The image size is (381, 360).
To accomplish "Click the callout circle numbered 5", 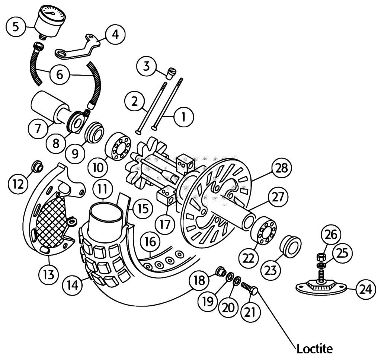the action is pos(16,27).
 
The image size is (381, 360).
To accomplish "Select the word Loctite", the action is pos(315,349).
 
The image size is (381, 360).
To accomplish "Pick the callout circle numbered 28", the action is pos(282,168).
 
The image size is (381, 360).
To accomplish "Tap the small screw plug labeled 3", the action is pos(171,73).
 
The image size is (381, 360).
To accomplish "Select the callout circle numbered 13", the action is pos(49,275).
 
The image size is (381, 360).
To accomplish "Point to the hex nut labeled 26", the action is pos(321,257).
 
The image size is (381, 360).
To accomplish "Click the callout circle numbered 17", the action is pos(165,224).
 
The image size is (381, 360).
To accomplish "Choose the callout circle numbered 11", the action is pos(103,189).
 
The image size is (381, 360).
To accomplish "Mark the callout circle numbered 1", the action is pos(184,117).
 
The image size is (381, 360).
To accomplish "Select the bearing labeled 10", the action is pos(118,146).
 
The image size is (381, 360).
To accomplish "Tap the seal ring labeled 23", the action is pos(290,246).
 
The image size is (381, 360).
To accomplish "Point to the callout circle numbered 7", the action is pos(38,128).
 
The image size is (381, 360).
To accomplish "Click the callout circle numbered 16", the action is pos(150,242).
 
